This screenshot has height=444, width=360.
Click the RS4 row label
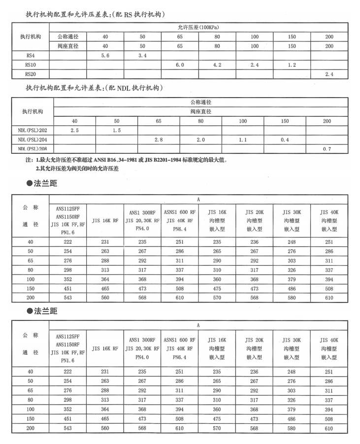(x=31, y=56)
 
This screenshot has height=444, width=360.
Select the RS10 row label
(x=31, y=65)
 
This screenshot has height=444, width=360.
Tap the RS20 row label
(x=31, y=74)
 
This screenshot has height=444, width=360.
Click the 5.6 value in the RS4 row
(x=105, y=56)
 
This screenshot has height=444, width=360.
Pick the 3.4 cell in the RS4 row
(x=142, y=56)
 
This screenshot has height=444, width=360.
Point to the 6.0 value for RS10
(x=180, y=65)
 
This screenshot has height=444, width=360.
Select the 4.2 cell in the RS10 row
(x=217, y=65)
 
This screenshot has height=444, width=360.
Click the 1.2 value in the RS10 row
(x=292, y=65)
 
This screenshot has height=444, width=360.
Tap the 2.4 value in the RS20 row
(x=329, y=74)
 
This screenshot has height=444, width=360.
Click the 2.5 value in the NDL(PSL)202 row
(x=75, y=131)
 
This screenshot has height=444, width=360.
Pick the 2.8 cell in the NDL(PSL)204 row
(x=159, y=140)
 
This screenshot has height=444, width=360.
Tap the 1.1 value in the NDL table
(x=242, y=140)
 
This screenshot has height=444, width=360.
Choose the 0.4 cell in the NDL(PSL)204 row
(x=285, y=140)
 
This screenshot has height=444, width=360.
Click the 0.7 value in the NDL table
(x=327, y=149)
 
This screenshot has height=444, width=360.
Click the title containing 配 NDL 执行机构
(x=94, y=88)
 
